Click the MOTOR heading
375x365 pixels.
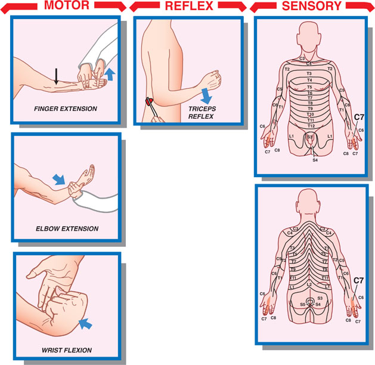tap(67, 7)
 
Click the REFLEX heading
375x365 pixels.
tap(189, 7)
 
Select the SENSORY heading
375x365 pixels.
tap(312, 7)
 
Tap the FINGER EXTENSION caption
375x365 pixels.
tap(66, 109)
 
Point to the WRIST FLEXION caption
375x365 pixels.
tap(67, 350)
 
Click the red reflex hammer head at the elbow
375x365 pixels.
tap(150, 101)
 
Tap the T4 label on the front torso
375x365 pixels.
tap(309, 81)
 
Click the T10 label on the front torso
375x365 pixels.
tap(310, 114)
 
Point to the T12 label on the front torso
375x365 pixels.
tap(310, 126)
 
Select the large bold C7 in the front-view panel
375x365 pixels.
tap(359, 117)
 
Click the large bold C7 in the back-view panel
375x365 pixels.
tap(359, 280)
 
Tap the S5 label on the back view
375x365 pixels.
tap(302, 305)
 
